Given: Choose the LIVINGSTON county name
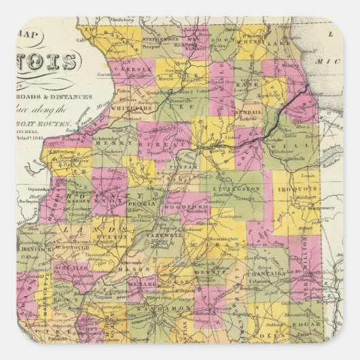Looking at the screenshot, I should (239, 187).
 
